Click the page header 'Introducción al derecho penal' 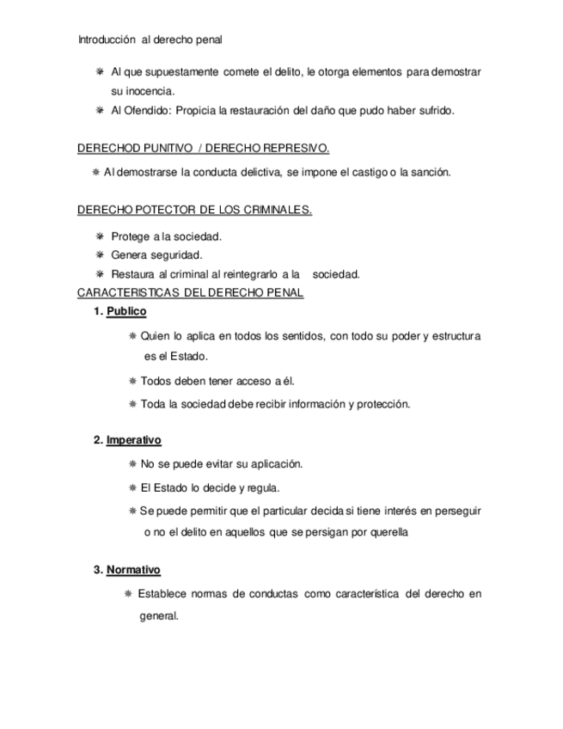pos(150,40)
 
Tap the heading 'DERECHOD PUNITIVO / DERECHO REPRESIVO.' pos(204,148)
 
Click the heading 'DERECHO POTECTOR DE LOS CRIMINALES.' pos(194,211)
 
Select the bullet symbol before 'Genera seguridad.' pos(100,255)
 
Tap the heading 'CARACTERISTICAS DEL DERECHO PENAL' pos(190,293)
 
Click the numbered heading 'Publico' pos(126,311)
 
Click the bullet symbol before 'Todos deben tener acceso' pos(132,380)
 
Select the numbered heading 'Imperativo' pos(133,440)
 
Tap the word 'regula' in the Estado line pos(262,487)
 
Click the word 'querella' pos(385,532)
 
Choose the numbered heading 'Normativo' pos(133,570)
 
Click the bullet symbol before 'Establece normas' pos(128,594)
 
